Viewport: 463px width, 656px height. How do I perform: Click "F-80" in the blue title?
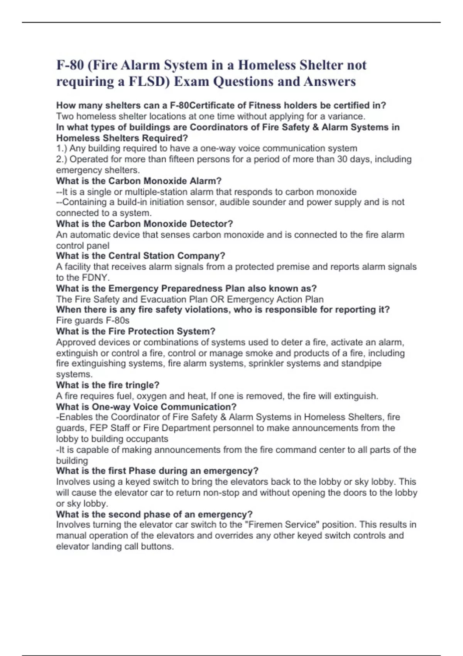70,65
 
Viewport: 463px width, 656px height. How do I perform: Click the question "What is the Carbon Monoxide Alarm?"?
139,181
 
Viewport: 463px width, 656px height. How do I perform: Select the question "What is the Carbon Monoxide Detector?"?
145,224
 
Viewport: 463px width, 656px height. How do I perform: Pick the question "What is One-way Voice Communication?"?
146,407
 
